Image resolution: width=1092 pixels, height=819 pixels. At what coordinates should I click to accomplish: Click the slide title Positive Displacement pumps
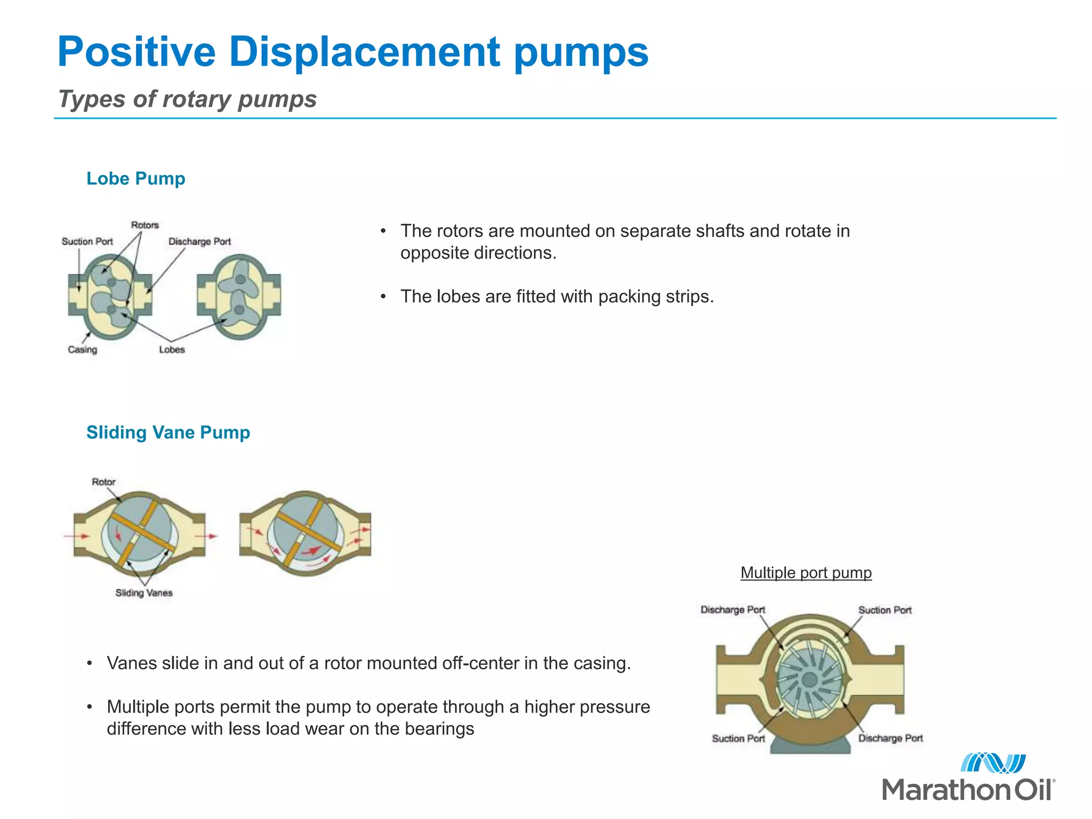coord(352,52)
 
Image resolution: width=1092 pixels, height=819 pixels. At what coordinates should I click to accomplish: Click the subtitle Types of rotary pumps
coord(187,99)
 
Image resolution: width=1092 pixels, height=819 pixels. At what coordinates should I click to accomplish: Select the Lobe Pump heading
coord(135,179)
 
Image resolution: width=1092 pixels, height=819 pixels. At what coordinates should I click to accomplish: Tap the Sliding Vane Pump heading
coord(168,432)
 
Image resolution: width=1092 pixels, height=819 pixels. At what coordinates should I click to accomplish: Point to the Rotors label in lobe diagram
coord(145,225)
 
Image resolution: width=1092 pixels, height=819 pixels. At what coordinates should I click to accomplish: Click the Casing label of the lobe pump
coord(83,350)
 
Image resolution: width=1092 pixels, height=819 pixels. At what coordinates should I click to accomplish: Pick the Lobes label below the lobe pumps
coord(172,350)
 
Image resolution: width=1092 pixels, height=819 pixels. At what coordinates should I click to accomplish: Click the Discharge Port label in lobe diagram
coord(199,242)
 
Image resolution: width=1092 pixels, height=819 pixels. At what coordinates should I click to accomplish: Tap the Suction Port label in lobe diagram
coord(87,242)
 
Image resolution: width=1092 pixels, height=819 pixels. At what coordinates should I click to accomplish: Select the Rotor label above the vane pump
coord(103,482)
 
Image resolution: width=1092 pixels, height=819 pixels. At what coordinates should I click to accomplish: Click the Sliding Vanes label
coord(144,593)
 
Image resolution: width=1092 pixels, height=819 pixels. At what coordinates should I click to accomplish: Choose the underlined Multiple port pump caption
coord(806,573)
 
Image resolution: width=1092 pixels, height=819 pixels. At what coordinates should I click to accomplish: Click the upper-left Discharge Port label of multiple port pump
coord(733,609)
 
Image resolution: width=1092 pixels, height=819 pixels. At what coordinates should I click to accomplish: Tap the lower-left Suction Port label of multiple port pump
coord(738,738)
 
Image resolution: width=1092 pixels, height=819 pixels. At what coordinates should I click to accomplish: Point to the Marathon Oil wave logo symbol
coord(993,763)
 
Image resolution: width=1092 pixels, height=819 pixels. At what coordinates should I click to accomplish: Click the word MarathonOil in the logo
coord(967,790)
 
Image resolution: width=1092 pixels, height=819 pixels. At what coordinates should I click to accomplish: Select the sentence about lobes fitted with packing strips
coord(557,296)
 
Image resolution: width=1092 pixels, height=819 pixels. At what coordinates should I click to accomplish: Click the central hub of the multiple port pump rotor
coord(809,679)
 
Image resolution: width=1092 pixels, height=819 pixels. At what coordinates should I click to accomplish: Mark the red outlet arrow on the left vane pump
coord(211,536)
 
